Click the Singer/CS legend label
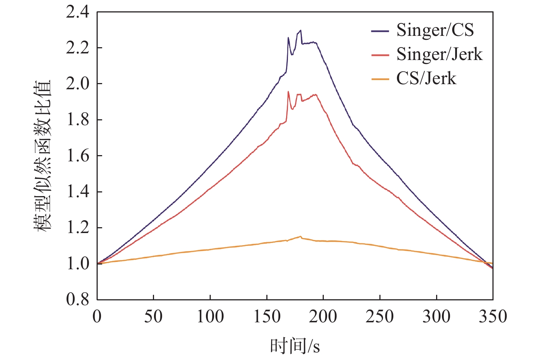[435, 30]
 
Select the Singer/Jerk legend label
[439, 55]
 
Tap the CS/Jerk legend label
[426, 79]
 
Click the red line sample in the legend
[380, 55]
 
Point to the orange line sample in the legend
[380, 79]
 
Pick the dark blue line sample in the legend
[380, 31]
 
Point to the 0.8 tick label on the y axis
[78, 300]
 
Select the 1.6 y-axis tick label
[78, 156]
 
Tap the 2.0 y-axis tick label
[78, 84]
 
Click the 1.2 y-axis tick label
[78, 228]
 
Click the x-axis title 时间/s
[295, 346]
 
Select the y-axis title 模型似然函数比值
[43, 155]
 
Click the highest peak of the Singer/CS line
[300, 30]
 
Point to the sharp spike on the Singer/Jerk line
[288, 92]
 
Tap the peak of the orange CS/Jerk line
[300, 236]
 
